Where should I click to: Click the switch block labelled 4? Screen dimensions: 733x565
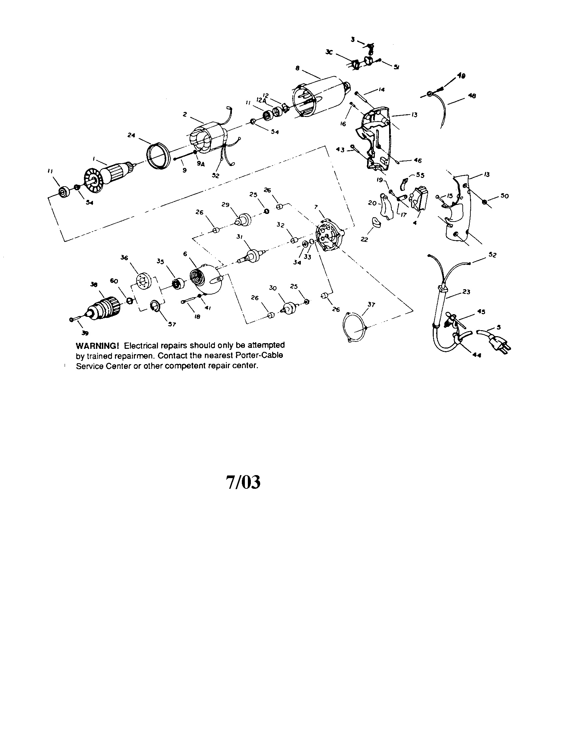pyautogui.click(x=419, y=199)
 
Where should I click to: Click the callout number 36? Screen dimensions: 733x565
pyautogui.click(x=125, y=258)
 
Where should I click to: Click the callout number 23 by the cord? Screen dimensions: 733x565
pyautogui.click(x=466, y=292)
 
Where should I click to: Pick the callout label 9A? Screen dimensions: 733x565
pyautogui.click(x=201, y=164)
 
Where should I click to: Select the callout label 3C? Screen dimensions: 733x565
pyautogui.click(x=329, y=52)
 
